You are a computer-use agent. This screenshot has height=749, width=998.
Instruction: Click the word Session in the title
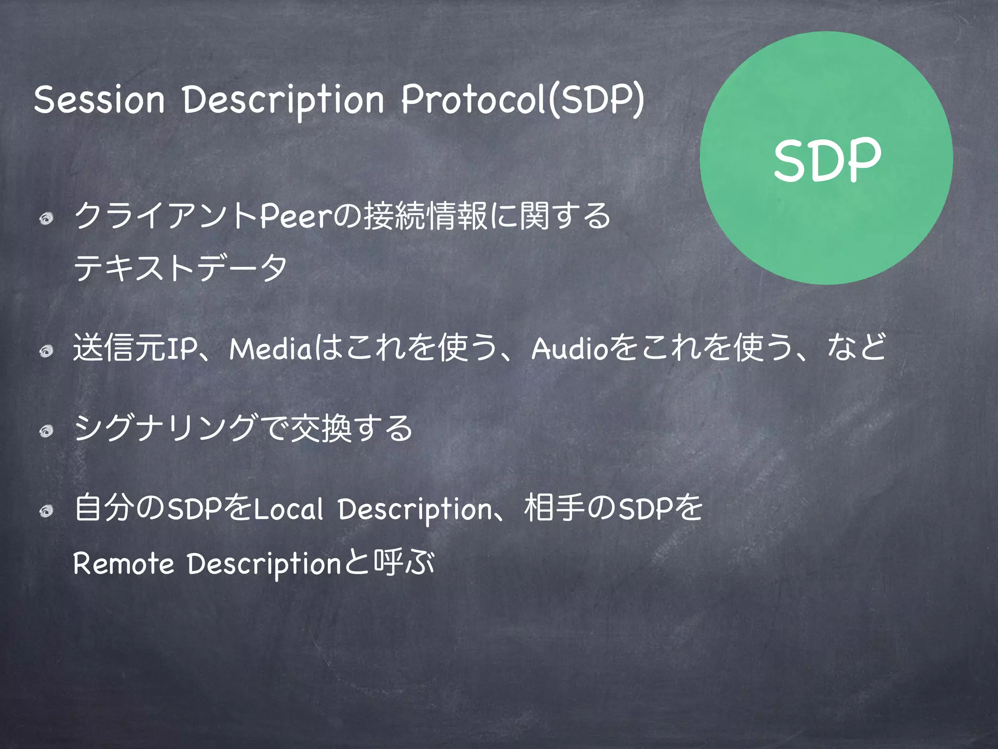(99, 99)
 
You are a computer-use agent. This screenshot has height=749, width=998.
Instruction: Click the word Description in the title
(284, 100)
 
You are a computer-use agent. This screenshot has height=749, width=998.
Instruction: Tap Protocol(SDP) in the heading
(522, 99)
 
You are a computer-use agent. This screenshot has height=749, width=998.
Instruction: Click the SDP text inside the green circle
(827, 160)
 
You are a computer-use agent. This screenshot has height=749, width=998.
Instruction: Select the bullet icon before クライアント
(47, 219)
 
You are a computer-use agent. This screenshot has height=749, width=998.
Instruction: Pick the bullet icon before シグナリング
(47, 431)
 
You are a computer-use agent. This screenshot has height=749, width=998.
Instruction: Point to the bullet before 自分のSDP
(47, 511)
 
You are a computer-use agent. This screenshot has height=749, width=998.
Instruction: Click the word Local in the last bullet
(288, 509)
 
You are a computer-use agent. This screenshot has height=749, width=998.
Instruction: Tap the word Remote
(123, 564)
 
